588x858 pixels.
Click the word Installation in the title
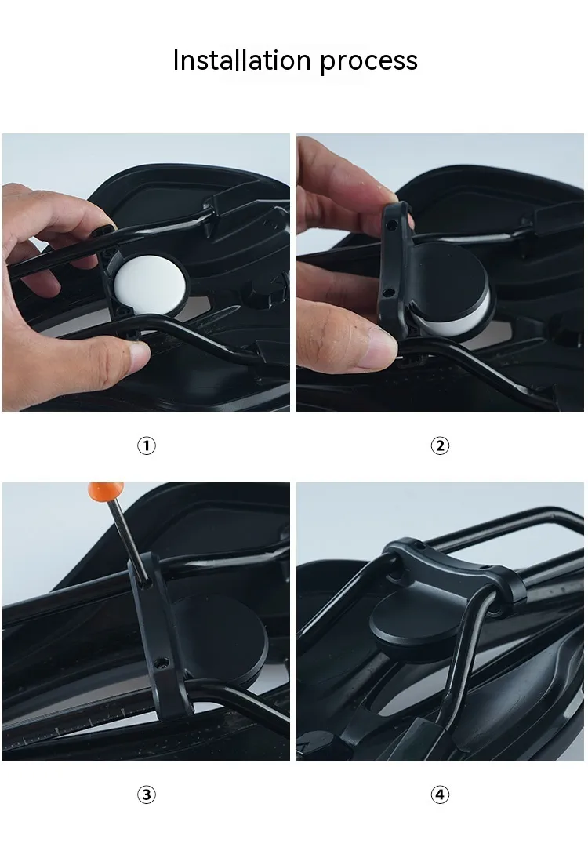coord(241,60)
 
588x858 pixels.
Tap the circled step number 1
coord(146,446)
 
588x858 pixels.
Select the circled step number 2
coord(440,446)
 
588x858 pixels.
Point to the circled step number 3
coord(146,794)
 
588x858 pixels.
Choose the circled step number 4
coord(440,794)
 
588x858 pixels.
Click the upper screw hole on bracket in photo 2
coord(392,224)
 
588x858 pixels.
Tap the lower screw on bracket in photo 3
coord(160,663)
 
